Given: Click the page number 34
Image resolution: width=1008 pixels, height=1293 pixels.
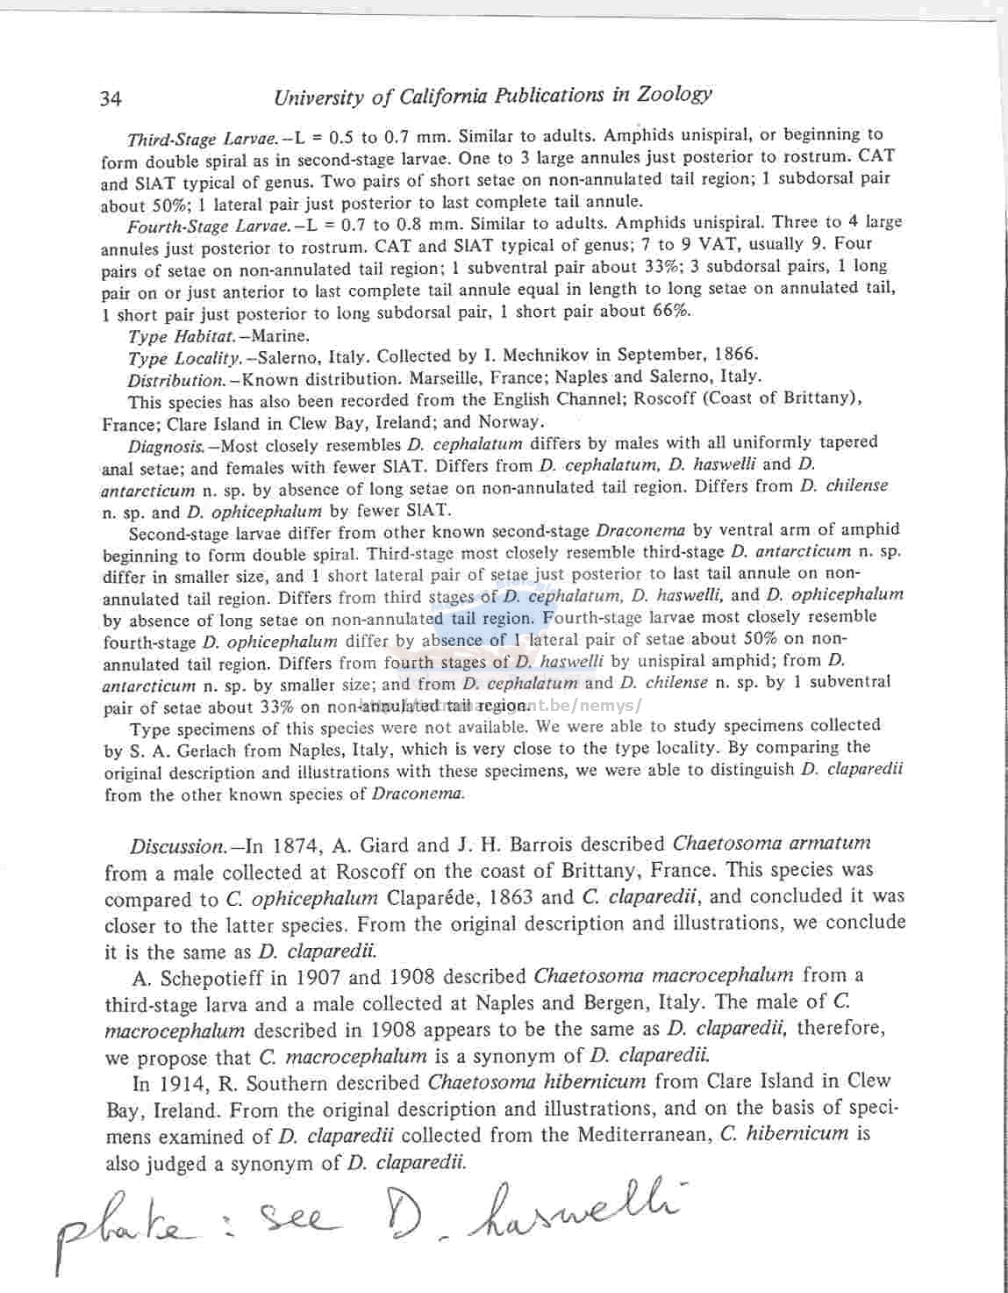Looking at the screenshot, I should click(x=111, y=98).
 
